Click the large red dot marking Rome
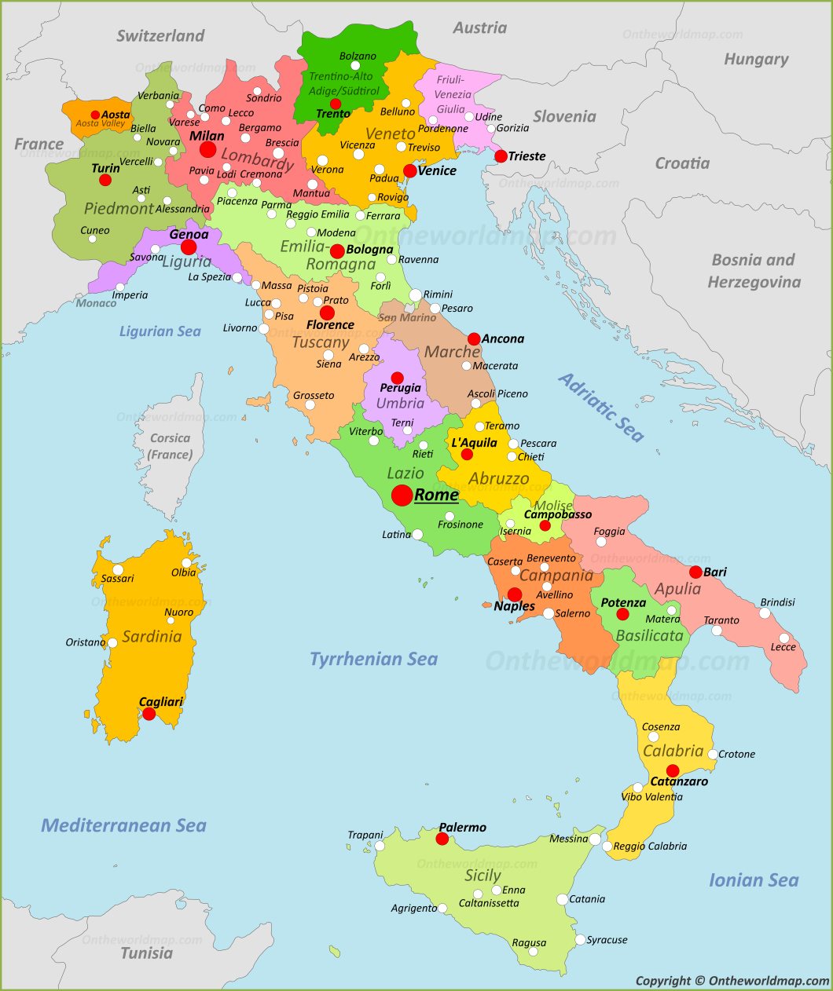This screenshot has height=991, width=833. [x=402, y=495]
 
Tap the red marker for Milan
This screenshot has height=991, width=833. [x=207, y=149]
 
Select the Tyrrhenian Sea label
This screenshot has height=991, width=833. [x=373, y=659]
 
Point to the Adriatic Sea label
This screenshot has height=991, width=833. [x=601, y=407]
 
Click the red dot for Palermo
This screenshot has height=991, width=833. [x=442, y=839]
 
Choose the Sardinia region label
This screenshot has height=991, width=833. [x=152, y=636]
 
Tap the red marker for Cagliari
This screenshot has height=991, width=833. [x=149, y=714]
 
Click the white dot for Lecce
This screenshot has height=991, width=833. [x=783, y=638]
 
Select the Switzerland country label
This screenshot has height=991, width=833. [x=160, y=35]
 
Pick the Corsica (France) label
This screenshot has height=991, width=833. [x=170, y=446]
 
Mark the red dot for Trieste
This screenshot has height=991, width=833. [x=501, y=156]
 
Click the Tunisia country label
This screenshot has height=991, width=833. [x=146, y=953]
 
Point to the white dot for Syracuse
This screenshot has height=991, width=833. [x=580, y=940]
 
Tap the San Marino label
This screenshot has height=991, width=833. [x=406, y=317]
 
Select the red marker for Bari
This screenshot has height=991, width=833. [x=695, y=572]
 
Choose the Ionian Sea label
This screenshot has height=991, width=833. [x=753, y=880]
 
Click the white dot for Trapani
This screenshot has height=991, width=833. [x=380, y=846]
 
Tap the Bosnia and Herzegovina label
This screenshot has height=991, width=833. [x=754, y=271]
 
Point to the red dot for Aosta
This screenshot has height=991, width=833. [x=95, y=115]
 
